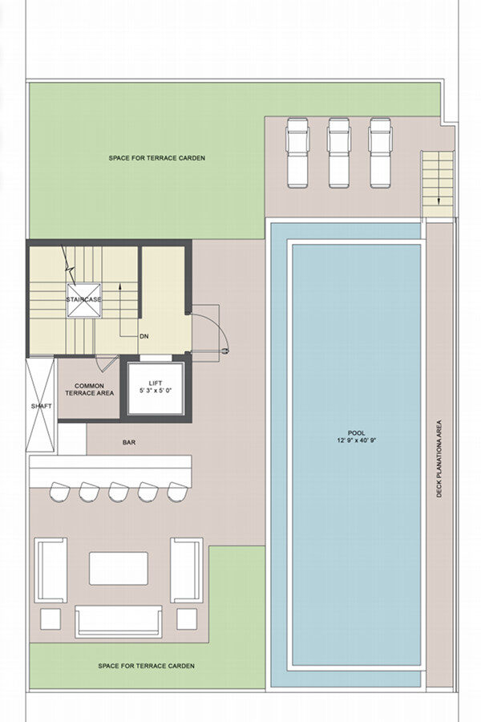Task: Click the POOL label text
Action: (x=356, y=433)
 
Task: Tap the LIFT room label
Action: (x=156, y=383)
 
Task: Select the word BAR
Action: (x=129, y=443)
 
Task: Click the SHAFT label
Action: (x=42, y=406)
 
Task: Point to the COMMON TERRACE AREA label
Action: (x=89, y=390)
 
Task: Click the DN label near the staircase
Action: (x=144, y=336)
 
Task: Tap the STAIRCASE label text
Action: (x=83, y=300)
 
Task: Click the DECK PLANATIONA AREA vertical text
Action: (x=439, y=458)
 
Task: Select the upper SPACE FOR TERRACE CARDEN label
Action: (x=157, y=158)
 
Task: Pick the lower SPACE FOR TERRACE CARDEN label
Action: (x=147, y=666)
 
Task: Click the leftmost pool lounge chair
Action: (x=297, y=153)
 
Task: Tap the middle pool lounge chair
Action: (x=339, y=153)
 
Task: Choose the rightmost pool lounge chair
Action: (x=381, y=153)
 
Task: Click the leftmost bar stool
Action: (x=59, y=492)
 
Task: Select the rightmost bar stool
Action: (x=177, y=492)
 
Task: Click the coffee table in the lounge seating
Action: (x=119, y=568)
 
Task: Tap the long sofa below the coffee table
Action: (x=119, y=621)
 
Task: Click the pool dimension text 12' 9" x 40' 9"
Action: (x=356, y=440)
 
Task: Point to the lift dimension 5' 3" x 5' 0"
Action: (x=156, y=391)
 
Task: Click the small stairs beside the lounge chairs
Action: (x=437, y=184)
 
